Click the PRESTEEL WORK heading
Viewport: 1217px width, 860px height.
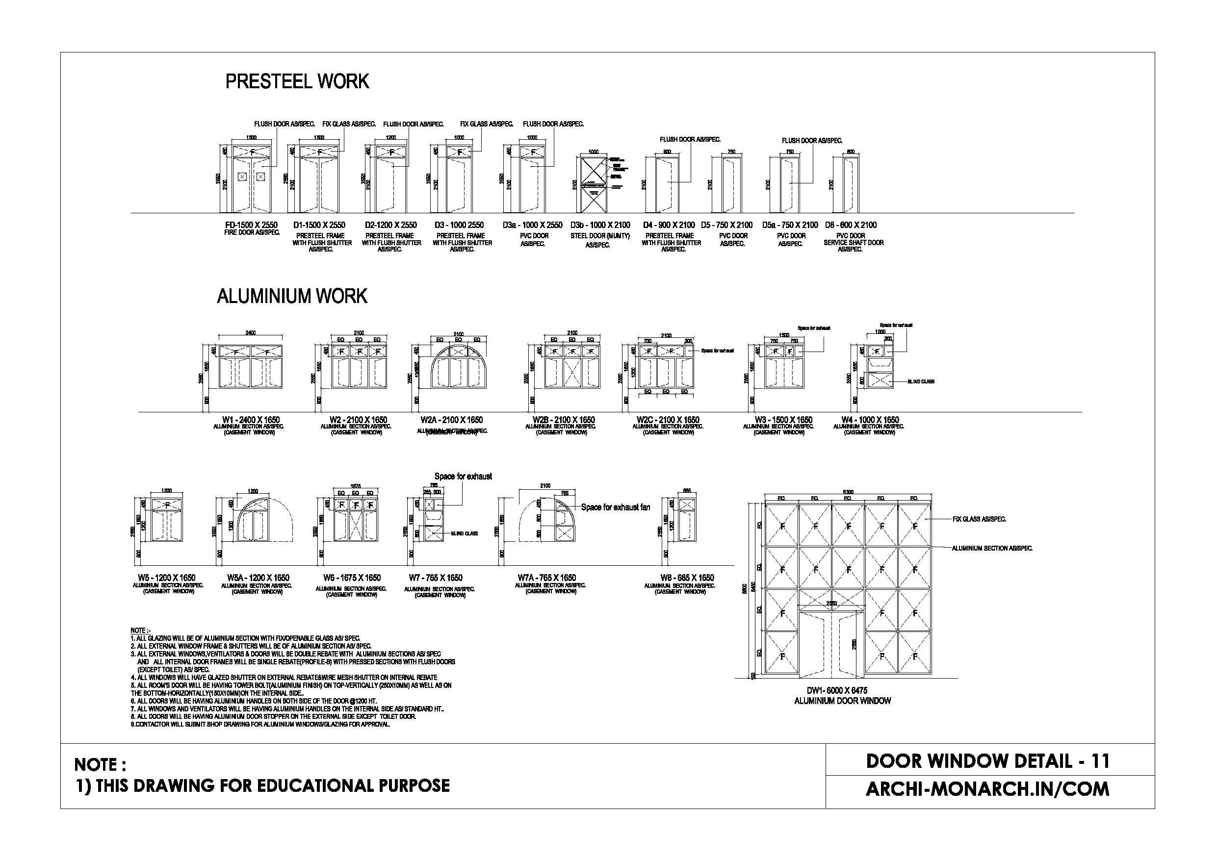(x=297, y=81)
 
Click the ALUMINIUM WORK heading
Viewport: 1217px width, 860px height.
(x=291, y=296)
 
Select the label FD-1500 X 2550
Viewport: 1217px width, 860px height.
(x=251, y=225)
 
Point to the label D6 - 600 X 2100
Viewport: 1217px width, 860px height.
(x=851, y=225)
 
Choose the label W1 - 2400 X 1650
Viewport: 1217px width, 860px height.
(x=251, y=420)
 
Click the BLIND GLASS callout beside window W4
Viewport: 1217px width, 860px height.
(x=921, y=381)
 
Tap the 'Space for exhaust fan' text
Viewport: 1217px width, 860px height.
(x=616, y=507)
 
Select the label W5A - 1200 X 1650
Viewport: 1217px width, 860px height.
(x=258, y=578)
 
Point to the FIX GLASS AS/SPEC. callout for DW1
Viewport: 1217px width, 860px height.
(x=979, y=519)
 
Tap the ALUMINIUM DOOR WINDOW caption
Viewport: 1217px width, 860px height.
(x=842, y=701)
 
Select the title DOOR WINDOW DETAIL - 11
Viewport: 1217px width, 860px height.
(x=987, y=761)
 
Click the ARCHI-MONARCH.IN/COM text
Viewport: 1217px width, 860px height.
(x=987, y=789)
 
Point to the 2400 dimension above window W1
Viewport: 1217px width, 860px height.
(x=250, y=333)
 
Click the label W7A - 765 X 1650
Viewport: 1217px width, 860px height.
(x=546, y=578)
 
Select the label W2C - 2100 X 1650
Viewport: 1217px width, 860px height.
(x=668, y=420)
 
